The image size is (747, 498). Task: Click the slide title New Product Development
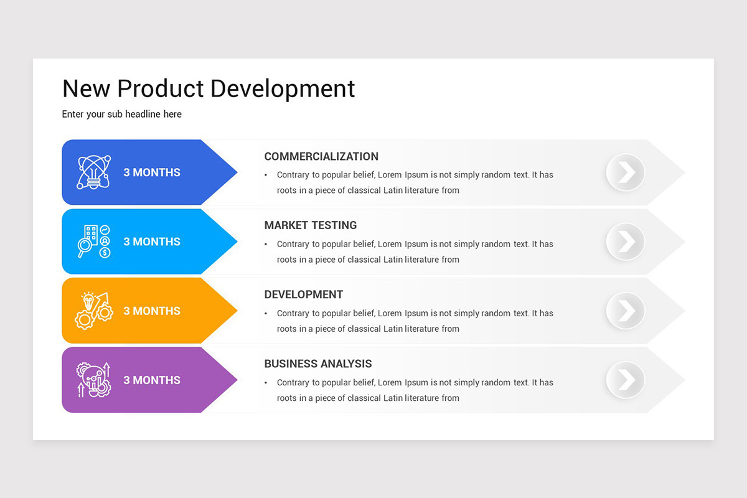[209, 88]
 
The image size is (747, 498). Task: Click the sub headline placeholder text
[122, 114]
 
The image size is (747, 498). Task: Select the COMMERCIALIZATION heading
[321, 156]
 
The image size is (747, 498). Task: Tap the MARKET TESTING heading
[311, 225]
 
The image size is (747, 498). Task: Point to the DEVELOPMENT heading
[304, 294]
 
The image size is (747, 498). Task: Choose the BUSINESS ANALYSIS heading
[318, 364]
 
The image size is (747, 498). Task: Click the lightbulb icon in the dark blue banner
[93, 172]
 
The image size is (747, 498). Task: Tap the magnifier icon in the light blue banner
[93, 242]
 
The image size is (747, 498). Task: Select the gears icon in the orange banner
[93, 311]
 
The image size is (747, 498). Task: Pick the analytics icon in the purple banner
[93, 380]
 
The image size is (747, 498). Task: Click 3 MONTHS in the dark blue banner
[152, 172]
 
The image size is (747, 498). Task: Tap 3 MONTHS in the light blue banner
[152, 242]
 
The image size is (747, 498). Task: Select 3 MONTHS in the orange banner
[152, 311]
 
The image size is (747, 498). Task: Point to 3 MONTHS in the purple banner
[152, 380]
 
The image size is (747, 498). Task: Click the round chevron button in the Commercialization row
[626, 172]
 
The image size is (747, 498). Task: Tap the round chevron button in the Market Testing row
[626, 242]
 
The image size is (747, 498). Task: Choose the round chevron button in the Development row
[626, 311]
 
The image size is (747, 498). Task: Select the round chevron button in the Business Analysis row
[626, 380]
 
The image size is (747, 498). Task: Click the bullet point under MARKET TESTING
[266, 245]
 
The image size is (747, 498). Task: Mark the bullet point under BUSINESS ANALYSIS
[266, 383]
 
